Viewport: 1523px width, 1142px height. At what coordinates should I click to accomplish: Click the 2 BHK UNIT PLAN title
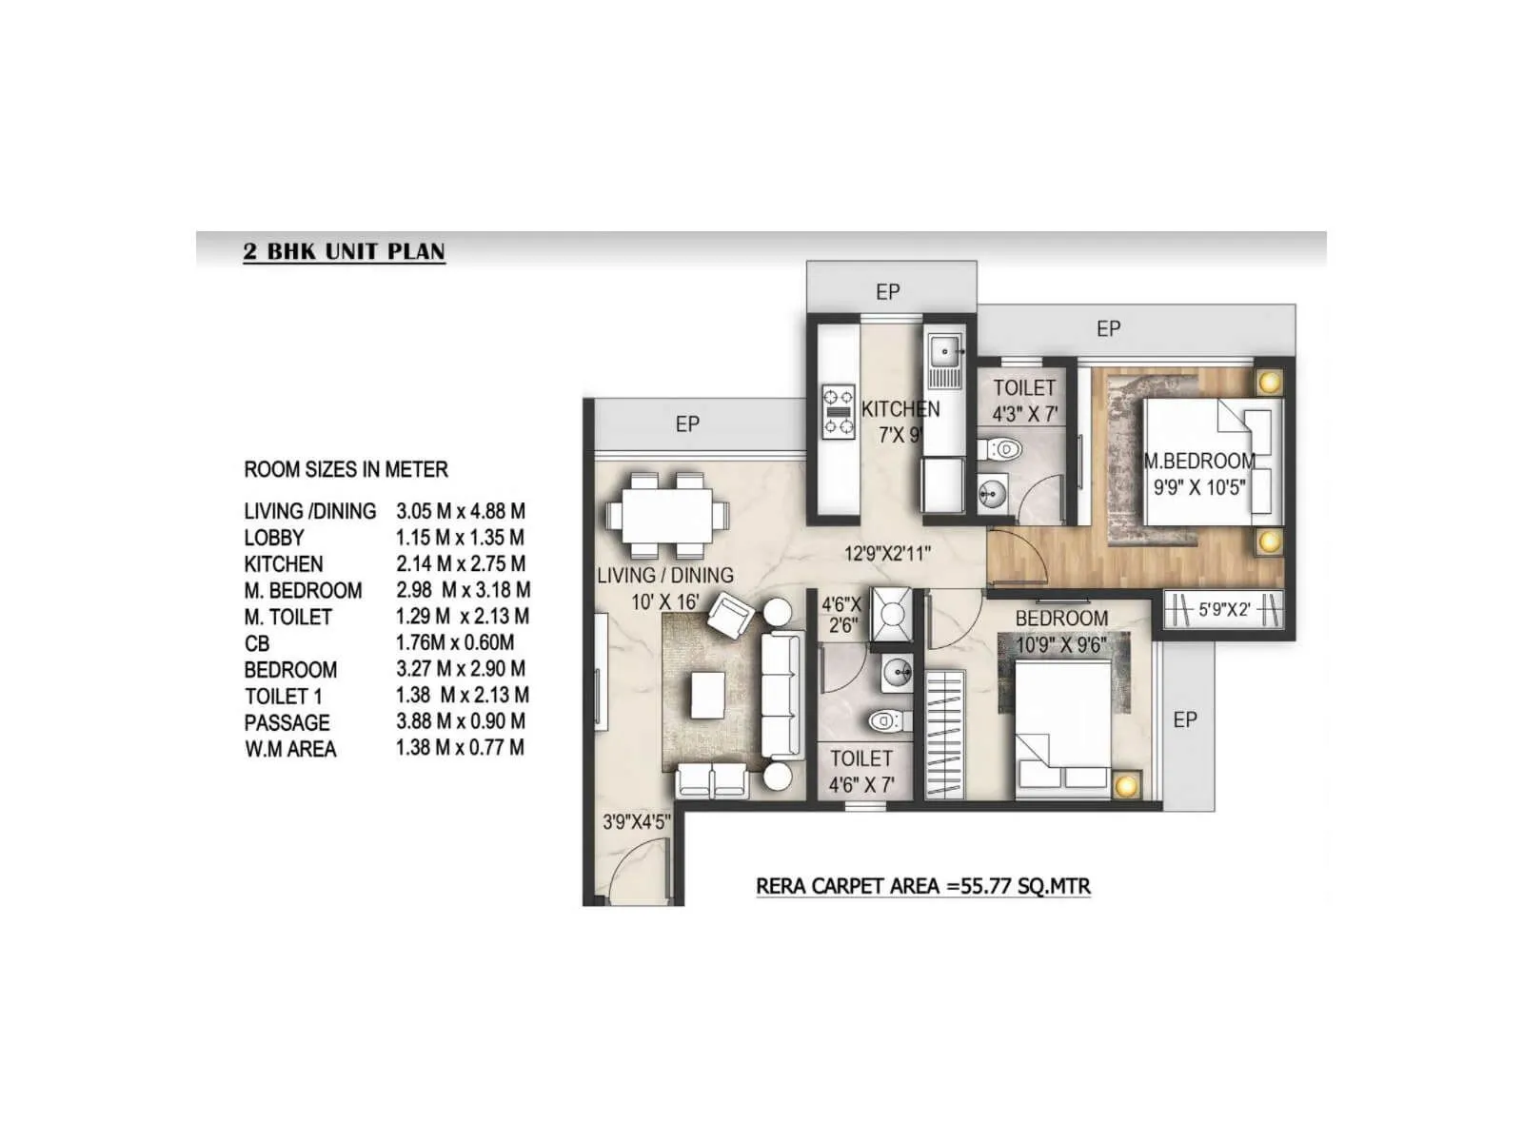[344, 251]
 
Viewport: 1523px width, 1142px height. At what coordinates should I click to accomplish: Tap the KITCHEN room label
[900, 409]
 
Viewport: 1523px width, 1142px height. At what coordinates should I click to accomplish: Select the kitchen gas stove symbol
[839, 411]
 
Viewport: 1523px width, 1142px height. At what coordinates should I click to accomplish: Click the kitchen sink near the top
[944, 351]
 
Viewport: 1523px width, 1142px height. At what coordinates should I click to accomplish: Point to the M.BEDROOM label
[1199, 462]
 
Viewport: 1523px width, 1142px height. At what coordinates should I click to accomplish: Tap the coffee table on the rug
[707, 695]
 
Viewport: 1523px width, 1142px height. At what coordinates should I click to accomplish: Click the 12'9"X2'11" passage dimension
[887, 553]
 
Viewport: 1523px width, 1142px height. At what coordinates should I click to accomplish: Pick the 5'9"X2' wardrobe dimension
[1224, 609]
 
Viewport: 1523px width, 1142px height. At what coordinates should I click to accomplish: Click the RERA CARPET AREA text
[922, 886]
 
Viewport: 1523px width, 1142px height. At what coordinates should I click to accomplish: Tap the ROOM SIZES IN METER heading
[346, 469]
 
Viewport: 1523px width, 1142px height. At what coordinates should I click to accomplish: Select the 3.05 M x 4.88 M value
[461, 511]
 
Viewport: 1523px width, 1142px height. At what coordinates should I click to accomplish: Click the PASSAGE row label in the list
[287, 722]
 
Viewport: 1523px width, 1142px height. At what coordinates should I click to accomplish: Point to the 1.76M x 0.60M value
[455, 642]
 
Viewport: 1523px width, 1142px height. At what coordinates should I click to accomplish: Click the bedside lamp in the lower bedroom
[1126, 786]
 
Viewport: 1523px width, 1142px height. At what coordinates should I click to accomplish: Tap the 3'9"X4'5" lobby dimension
[636, 821]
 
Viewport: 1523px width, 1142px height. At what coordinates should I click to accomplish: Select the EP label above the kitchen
[887, 292]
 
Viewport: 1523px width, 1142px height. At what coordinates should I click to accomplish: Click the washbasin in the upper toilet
[993, 492]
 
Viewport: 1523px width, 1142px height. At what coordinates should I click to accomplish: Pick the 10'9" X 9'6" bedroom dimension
[1060, 644]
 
